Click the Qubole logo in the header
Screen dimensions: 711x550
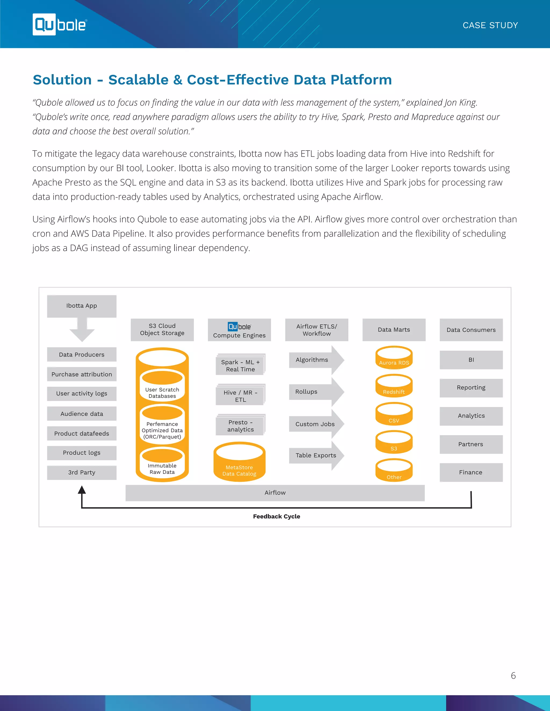60,25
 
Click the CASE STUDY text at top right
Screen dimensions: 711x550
490,25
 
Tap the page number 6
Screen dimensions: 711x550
513,676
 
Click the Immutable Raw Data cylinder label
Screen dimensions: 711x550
162,469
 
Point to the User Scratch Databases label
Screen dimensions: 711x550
162,393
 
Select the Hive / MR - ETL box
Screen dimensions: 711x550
240,396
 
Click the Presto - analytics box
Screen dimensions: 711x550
240,426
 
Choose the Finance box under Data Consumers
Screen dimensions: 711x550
471,472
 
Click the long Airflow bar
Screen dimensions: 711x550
275,493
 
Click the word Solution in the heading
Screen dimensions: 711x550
62,80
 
